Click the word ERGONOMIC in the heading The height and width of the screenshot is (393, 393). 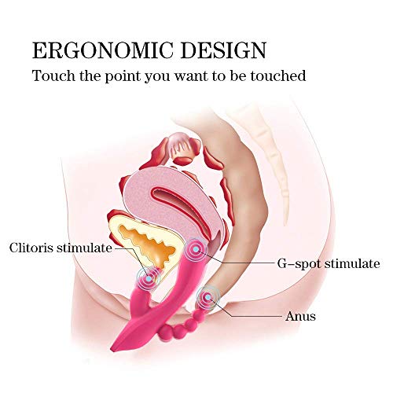tap(103, 50)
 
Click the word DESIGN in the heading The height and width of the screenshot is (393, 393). tap(224, 50)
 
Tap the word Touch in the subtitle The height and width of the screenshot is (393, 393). tap(53, 75)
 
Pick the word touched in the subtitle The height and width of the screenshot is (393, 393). tap(278, 75)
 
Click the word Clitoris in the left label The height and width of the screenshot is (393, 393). tap(31, 248)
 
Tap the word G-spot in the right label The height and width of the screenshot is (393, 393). tap(299, 264)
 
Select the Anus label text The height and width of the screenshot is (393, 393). tap(300, 316)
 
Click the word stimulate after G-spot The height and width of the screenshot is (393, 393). tap(352, 263)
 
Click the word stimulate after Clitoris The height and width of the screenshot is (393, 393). tap(84, 248)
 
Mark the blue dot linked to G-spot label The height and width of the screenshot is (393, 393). tap(196, 249)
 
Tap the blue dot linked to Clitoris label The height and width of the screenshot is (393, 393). tap(149, 278)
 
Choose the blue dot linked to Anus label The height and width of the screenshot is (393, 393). tap(208, 297)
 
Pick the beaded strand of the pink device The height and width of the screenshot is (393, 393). tap(183, 325)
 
